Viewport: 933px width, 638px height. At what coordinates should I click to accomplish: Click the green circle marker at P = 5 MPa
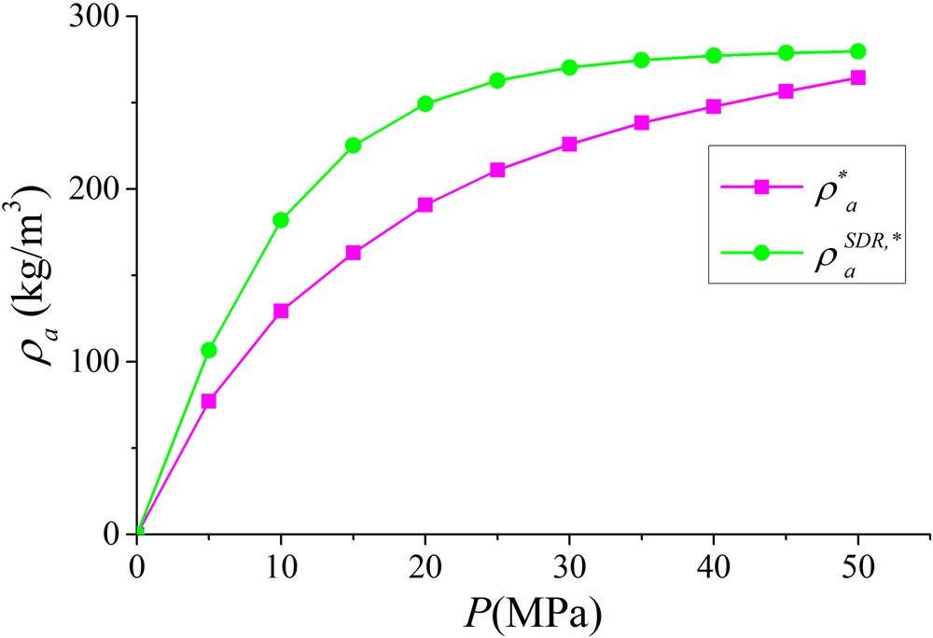(209, 350)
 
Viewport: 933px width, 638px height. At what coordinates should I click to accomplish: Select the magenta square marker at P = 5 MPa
(209, 401)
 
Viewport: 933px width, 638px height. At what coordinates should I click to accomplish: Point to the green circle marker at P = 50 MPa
(857, 51)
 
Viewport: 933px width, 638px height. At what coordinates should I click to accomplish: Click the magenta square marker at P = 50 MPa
(857, 77)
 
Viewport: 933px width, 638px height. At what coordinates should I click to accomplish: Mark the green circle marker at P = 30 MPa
(569, 67)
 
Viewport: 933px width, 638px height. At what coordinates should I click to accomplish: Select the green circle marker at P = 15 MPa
(354, 145)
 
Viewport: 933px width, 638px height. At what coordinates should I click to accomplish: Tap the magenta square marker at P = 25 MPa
(497, 170)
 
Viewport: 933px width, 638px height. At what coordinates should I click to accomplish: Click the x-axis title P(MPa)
(533, 613)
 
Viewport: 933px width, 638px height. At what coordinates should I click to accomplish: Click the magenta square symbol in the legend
(760, 187)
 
